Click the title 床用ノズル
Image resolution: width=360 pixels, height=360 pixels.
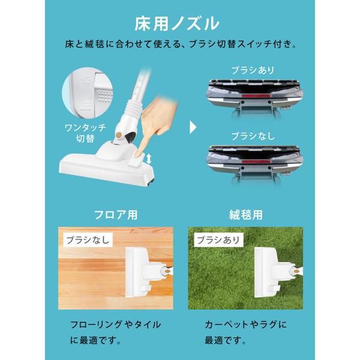[x=176, y=23]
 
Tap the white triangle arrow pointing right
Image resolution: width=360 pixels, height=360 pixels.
[x=193, y=127]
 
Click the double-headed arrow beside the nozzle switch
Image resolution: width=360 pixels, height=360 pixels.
[x=149, y=159]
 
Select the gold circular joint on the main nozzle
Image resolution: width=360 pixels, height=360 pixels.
[x=119, y=135]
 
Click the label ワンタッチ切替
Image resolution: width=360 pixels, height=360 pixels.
[x=85, y=133]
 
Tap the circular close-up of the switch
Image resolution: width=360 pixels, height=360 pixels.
[x=87, y=92]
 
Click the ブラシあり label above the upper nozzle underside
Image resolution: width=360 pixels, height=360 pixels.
[x=253, y=70]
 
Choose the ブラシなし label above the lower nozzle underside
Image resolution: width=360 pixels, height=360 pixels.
[x=253, y=136]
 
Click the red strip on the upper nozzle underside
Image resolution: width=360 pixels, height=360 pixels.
[x=255, y=95]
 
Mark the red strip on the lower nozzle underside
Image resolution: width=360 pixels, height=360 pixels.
[x=255, y=161]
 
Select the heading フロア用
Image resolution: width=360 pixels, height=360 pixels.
[x=116, y=215]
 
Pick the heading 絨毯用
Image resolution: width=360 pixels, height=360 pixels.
[x=245, y=215]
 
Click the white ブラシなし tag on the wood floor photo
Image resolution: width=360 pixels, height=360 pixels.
[x=88, y=240]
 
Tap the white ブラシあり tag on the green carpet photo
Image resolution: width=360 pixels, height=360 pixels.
[x=218, y=240]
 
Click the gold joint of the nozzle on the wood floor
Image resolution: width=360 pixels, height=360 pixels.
[x=167, y=271]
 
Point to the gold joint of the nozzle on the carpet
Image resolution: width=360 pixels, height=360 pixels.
[x=296, y=271]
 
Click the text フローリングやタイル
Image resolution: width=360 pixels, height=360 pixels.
[x=115, y=325]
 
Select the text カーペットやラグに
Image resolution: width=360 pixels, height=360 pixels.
[x=245, y=325]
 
